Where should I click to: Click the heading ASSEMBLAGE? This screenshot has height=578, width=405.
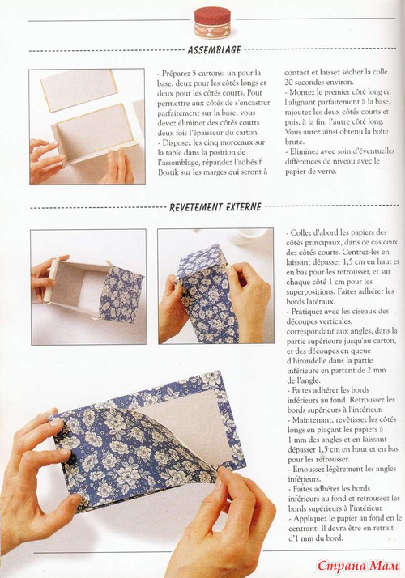[214, 50]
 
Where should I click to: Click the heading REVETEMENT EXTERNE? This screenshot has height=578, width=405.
[215, 207]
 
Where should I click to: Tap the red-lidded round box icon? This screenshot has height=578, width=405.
[212, 22]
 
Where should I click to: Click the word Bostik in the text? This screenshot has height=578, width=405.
[168, 172]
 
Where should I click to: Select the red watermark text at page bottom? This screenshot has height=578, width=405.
[359, 566]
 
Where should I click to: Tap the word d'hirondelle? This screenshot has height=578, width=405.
[310, 360]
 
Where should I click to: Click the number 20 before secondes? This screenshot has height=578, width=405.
[289, 83]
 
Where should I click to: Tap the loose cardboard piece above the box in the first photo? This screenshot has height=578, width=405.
[82, 90]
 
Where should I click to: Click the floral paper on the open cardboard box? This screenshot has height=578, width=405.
[121, 295]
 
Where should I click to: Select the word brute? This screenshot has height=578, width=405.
[293, 142]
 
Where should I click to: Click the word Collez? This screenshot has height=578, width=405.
[301, 232]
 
